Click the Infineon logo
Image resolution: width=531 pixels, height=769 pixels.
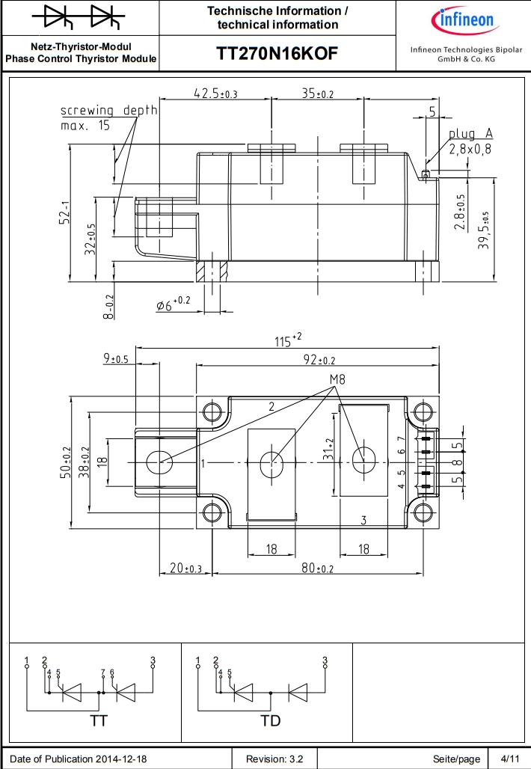pos(465,21)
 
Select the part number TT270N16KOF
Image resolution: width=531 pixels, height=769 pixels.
pos(277,53)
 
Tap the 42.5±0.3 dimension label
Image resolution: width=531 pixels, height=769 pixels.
pos(215,94)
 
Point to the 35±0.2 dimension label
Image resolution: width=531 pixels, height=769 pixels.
pos(318,94)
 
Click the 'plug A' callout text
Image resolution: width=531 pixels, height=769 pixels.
pos(470,133)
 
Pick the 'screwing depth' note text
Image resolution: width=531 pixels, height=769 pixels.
pos(109,111)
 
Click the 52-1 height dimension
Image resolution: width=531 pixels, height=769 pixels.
pos(64,213)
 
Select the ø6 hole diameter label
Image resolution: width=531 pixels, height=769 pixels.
pos(173,304)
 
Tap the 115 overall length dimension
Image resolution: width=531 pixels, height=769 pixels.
pos(288,340)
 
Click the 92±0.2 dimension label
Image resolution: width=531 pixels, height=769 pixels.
pos(319,361)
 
